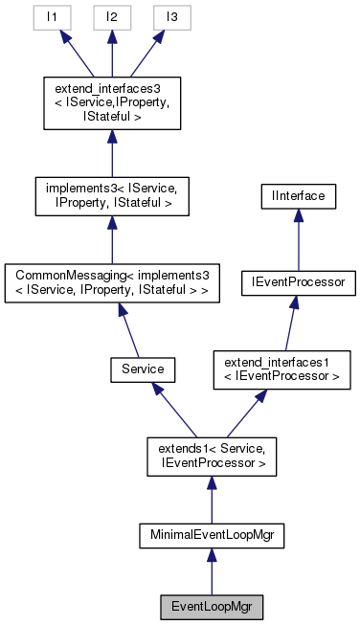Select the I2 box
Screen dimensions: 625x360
click(112, 17)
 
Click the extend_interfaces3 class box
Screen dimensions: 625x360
click(112, 102)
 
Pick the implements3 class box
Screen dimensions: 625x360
click(112, 194)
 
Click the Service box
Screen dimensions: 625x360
click(142, 368)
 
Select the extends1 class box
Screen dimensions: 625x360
click(211, 455)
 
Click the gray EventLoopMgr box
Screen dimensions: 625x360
click(211, 606)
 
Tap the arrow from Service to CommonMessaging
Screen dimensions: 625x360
click(128, 330)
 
